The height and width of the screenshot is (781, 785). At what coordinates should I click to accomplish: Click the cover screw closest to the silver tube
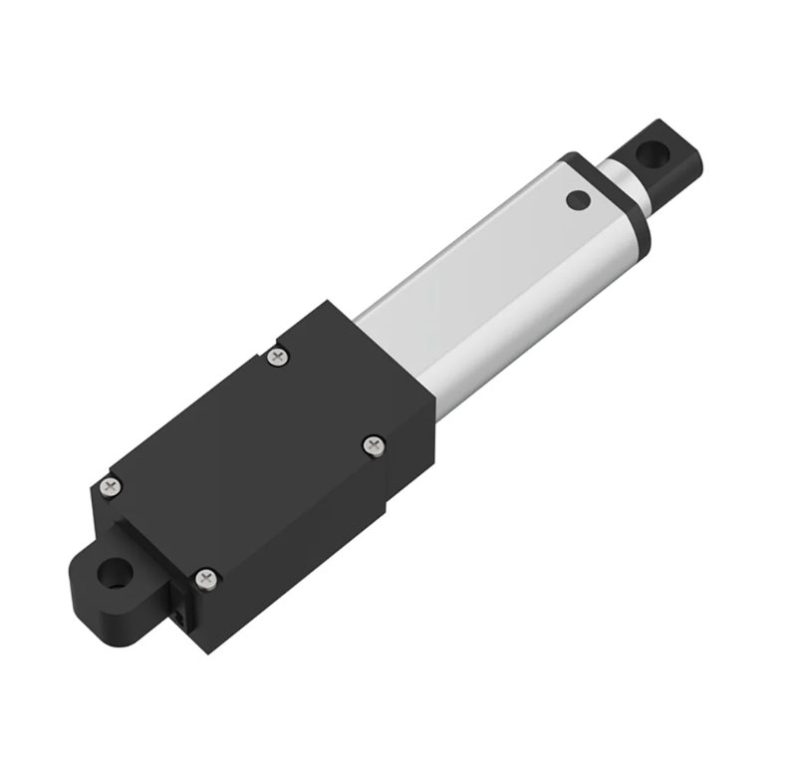[279, 356]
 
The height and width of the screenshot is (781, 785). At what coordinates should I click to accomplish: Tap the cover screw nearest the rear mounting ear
[205, 577]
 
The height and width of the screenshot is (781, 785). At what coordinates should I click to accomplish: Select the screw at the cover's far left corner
[111, 487]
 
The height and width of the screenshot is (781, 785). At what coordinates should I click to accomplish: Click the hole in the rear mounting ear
[116, 573]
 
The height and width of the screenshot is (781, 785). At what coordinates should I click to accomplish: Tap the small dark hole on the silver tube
[577, 199]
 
